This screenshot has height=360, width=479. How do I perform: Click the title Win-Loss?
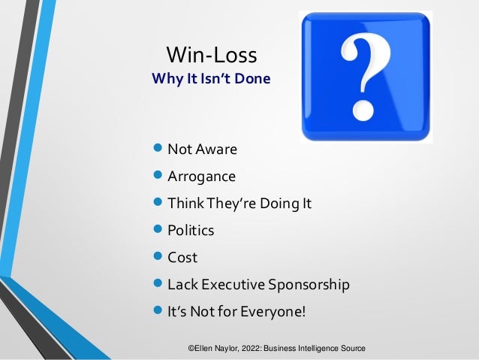211,54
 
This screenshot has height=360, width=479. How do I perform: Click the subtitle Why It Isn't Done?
211,77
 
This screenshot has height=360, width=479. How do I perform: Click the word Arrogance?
201,177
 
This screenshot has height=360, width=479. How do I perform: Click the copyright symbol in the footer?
191,349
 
